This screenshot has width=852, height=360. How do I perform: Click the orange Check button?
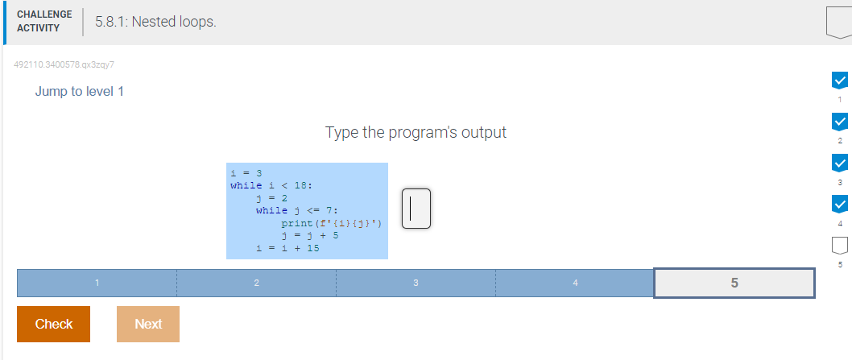click(x=53, y=324)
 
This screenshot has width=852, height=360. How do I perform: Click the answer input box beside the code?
click(x=416, y=209)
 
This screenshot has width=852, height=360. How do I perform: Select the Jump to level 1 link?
click(x=80, y=91)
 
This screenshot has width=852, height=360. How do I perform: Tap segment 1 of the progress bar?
click(x=97, y=283)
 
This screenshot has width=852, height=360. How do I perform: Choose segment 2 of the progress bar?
click(x=256, y=283)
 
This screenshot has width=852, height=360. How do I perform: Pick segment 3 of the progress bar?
click(x=416, y=283)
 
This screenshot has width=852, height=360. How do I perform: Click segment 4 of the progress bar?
click(x=575, y=283)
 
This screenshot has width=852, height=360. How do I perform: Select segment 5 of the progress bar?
click(x=734, y=283)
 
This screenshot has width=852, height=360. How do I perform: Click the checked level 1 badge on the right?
click(x=839, y=81)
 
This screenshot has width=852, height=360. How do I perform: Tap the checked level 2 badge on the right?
click(x=839, y=122)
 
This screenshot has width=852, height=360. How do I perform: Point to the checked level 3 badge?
click(x=839, y=163)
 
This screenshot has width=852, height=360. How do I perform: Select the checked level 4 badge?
click(x=839, y=204)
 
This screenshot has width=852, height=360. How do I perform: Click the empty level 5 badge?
click(x=839, y=246)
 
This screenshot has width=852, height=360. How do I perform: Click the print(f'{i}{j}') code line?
click(x=332, y=224)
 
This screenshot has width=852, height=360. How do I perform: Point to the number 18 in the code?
click(x=300, y=185)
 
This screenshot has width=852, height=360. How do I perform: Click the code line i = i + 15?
click(x=288, y=249)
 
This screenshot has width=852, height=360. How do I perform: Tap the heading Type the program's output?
click(x=416, y=132)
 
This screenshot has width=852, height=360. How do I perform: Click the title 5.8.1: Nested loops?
click(x=155, y=22)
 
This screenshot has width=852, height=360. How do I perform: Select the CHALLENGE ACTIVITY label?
click(x=44, y=21)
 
